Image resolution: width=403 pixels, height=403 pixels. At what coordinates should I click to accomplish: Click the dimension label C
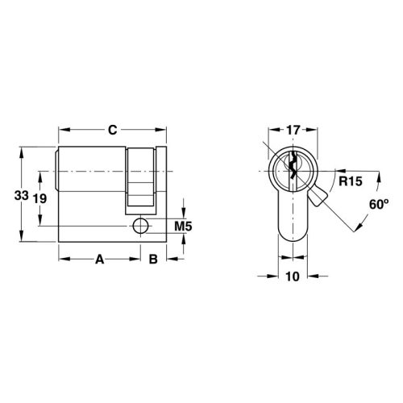[114, 129]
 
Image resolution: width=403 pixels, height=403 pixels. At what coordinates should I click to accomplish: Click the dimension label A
[100, 259]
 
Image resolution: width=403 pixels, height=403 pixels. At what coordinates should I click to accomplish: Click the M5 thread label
[183, 226]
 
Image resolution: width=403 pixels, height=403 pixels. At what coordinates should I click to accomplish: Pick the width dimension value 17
[293, 129]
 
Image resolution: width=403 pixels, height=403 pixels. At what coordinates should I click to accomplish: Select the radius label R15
[350, 181]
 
